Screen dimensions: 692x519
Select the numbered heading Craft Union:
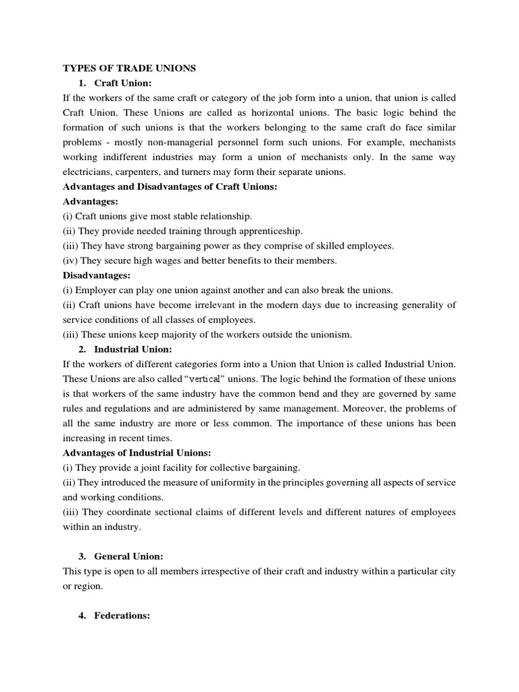[123, 82]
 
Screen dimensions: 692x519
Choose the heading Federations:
[122, 616]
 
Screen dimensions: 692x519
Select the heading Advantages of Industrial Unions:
[137, 453]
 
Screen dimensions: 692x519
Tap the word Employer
[97, 291]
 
